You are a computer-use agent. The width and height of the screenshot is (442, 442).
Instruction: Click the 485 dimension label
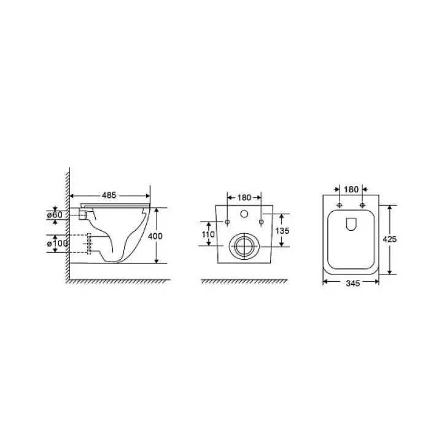tap(109, 195)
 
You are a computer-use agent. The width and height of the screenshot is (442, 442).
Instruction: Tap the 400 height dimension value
tap(155, 236)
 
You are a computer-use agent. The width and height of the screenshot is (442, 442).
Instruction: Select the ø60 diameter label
tap(55, 215)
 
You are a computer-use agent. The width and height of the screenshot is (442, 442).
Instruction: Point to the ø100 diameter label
tap(57, 243)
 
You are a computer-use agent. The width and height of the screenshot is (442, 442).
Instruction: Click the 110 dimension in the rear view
tap(208, 235)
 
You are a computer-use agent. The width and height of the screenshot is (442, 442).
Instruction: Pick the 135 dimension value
tap(282, 231)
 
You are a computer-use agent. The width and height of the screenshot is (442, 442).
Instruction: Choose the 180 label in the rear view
tap(244, 198)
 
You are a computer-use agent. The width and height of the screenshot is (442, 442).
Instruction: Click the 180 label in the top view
tap(351, 190)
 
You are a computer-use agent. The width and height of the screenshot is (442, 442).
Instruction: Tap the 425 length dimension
tap(390, 239)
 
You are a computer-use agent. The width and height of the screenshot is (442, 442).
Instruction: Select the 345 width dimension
tap(352, 283)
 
